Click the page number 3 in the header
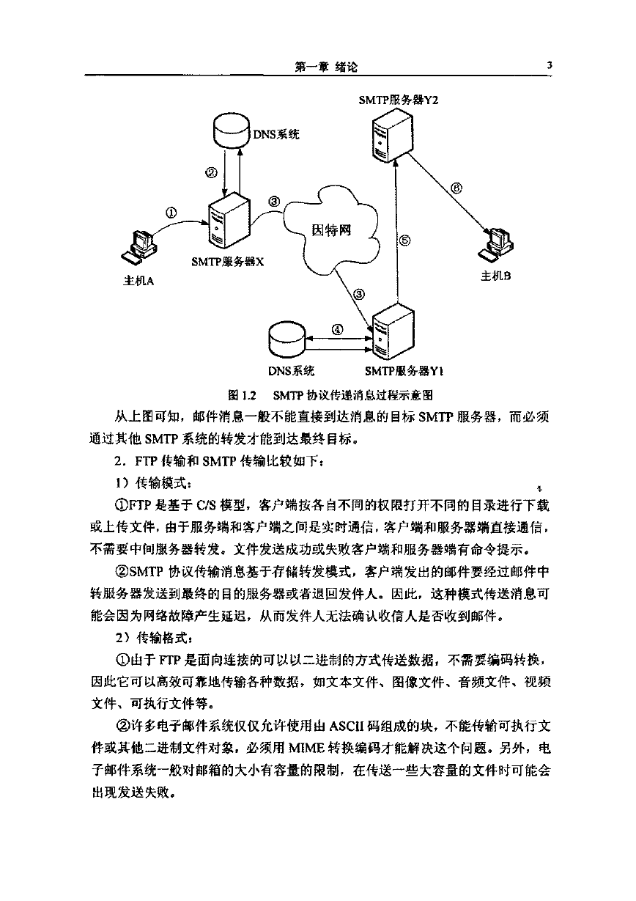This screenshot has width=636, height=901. [x=549, y=65]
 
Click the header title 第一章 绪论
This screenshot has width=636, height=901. [x=326, y=67]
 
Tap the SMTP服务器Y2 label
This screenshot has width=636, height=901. [x=399, y=100]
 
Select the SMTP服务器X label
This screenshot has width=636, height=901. [x=228, y=262]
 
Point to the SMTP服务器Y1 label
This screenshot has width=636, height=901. [x=404, y=371]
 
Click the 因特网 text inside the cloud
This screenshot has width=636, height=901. [x=331, y=230]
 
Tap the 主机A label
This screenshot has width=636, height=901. [x=138, y=280]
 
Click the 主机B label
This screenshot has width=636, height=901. [x=496, y=276]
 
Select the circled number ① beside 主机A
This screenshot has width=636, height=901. [x=171, y=213]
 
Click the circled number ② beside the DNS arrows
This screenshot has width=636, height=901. [x=211, y=172]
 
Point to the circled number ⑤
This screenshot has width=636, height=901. [x=405, y=240]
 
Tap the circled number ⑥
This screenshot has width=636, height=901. [x=456, y=188]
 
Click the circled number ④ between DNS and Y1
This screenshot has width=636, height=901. [x=337, y=330]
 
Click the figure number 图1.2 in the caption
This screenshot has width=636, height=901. [x=242, y=396]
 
